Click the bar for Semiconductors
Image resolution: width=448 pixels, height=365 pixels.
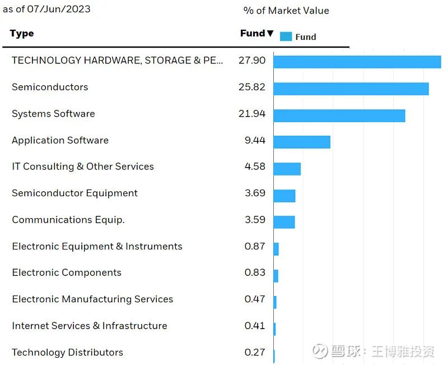tap(351, 89)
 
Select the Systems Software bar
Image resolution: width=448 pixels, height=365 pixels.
tap(339, 115)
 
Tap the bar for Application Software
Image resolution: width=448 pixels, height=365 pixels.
tap(302, 142)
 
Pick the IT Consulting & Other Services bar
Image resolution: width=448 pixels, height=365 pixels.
tap(287, 169)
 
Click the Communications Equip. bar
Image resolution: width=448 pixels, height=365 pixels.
tap(284, 222)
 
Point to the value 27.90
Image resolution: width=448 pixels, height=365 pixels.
tap(252, 60)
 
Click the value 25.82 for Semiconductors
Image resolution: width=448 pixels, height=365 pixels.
tap(252, 87)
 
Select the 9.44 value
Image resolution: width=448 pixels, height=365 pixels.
tap(255, 140)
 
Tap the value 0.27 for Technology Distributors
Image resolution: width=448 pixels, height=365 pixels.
tap(255, 352)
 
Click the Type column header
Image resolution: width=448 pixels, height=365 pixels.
tap(22, 34)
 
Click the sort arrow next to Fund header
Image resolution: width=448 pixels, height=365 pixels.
tap(270, 34)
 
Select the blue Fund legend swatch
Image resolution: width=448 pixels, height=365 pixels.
tap(286, 36)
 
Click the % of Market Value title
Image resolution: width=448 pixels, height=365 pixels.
tap(286, 11)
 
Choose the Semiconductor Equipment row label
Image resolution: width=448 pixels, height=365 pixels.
tap(74, 193)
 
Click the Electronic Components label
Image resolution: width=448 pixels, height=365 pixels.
tap(67, 272)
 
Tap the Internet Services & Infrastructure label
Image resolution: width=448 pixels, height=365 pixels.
tap(90, 326)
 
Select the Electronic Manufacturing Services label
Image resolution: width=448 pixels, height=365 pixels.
tap(92, 299)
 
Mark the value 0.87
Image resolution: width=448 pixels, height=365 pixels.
tap(255, 246)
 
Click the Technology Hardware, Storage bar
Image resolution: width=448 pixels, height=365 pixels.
tap(357, 62)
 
